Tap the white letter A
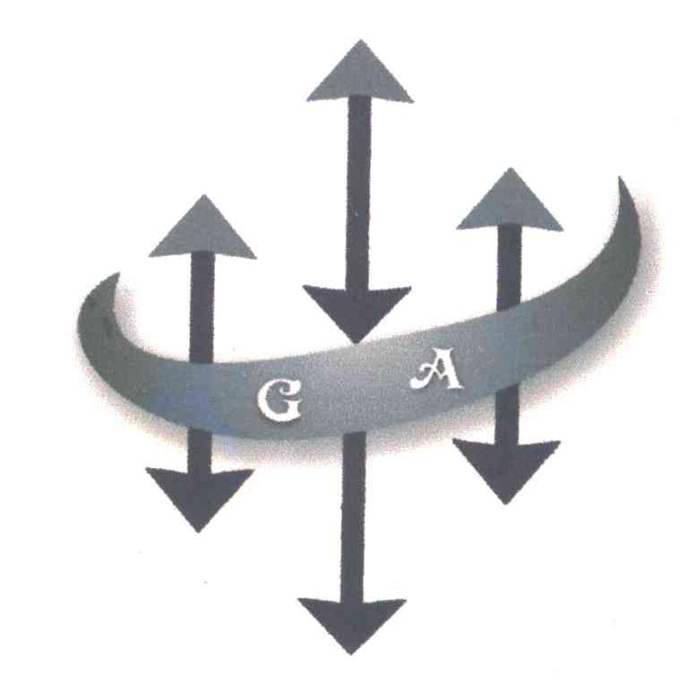point(436,372)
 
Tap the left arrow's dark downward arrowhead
point(200,495)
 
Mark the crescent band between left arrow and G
point(235,394)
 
